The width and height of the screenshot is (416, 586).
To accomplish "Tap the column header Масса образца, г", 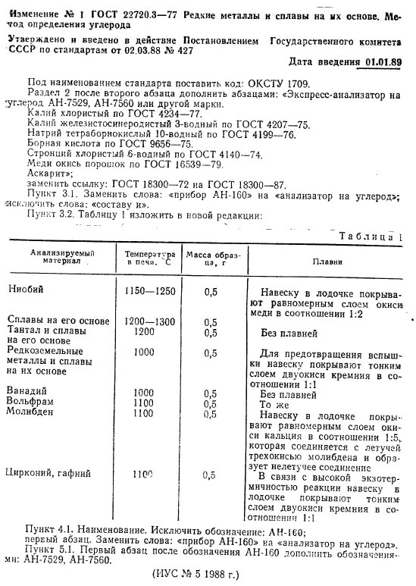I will click(x=211, y=260).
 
